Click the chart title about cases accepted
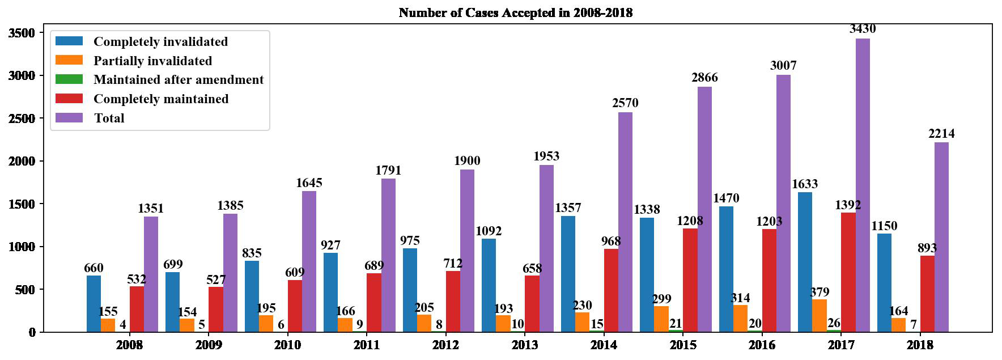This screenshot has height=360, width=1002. point(515,12)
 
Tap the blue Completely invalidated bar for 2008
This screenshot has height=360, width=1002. point(94,304)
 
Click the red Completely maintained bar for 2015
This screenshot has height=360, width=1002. point(690,280)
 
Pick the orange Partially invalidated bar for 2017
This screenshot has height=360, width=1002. point(819,316)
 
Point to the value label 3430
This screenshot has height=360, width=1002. point(863,29)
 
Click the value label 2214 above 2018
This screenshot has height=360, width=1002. point(941,134)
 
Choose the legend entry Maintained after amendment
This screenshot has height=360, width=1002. point(179,80)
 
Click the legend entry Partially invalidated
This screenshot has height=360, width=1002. point(152,61)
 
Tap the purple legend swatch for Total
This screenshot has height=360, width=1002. point(69,118)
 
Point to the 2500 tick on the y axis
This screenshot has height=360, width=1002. point(22,118)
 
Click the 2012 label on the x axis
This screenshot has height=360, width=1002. point(445,345)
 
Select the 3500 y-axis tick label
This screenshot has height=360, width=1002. point(22,33)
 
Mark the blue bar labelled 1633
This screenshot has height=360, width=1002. point(805,262)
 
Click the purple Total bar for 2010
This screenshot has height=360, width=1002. point(309,261)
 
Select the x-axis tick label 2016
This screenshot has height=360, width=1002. point(762,345)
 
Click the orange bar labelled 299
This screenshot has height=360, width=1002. point(661,319)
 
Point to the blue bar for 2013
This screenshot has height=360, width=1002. point(489,285)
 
